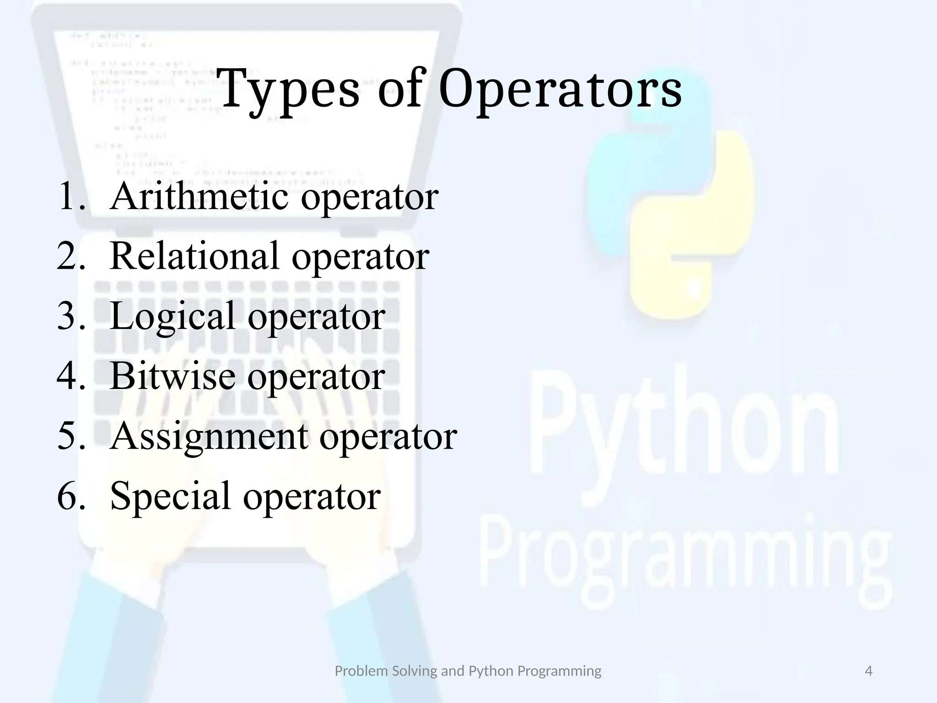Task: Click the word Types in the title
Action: [x=289, y=89]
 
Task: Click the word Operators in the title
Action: [x=560, y=89]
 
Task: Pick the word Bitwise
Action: [x=172, y=376]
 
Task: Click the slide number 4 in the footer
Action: [x=868, y=671]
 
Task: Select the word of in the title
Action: [x=399, y=89]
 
